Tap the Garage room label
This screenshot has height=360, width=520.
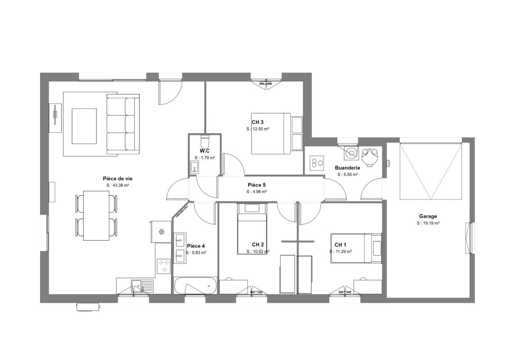(x=428, y=216)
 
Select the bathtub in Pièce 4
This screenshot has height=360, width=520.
(x=195, y=285)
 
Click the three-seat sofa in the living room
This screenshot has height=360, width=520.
(x=123, y=124)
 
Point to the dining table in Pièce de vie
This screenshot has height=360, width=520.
(x=96, y=216)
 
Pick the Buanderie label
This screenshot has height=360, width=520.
(x=347, y=168)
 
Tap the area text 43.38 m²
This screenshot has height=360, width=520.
(x=118, y=186)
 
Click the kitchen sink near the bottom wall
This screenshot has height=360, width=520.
(x=142, y=285)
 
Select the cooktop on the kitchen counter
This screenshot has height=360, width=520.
(x=163, y=266)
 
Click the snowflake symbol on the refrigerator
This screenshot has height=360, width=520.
(x=162, y=231)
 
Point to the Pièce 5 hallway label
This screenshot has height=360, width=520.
(x=257, y=185)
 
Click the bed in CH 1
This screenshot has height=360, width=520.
(x=356, y=248)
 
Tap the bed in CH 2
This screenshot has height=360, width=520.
(x=252, y=229)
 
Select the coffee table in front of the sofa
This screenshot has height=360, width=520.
(x=84, y=126)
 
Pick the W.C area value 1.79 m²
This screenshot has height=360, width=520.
(x=204, y=158)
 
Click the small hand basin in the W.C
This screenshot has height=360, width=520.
(x=194, y=167)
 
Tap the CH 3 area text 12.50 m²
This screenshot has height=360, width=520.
(x=258, y=129)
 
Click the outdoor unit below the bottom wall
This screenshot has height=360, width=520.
(x=88, y=306)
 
